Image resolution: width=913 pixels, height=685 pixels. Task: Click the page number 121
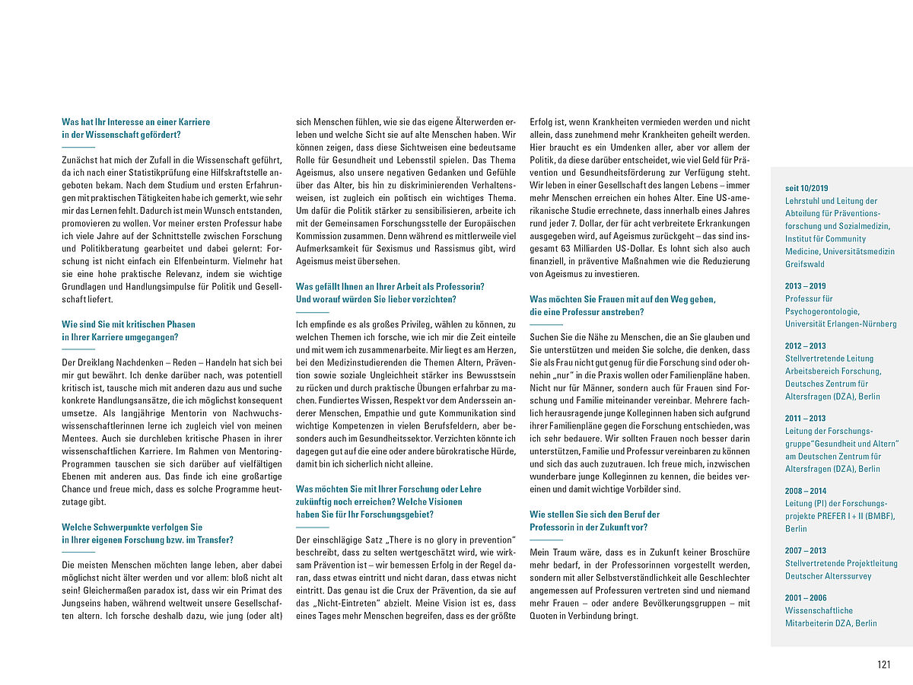tap(883, 664)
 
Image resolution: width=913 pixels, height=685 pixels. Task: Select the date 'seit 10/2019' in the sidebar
tap(807, 187)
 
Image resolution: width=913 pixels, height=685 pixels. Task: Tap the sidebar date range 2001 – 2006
tap(806, 597)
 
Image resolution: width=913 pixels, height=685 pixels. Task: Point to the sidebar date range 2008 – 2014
tap(806, 491)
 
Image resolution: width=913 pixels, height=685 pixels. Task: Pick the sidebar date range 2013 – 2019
tap(806, 286)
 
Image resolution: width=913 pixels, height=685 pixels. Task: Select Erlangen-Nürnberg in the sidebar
tap(865, 323)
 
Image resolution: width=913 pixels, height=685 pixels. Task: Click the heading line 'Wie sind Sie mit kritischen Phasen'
tap(129, 324)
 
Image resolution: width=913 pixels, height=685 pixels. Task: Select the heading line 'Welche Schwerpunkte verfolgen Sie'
tap(132, 527)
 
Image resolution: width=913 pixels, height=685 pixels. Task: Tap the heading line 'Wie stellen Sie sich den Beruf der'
tap(595, 515)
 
